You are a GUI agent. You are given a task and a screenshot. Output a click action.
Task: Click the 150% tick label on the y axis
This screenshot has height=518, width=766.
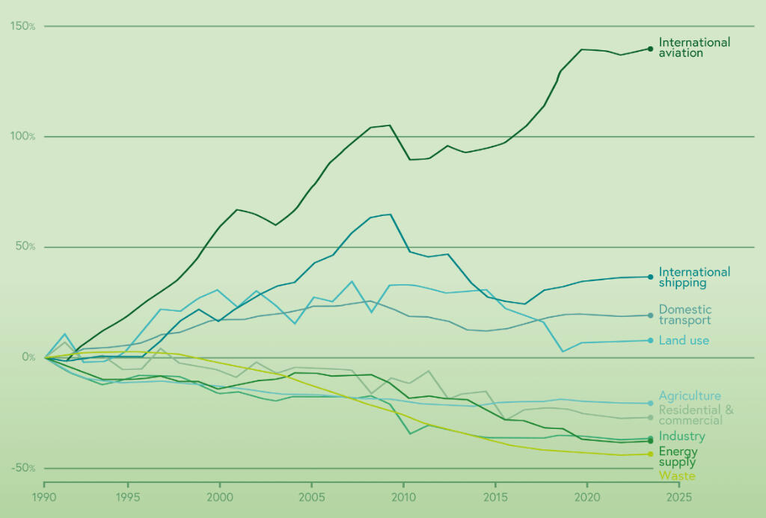(22, 26)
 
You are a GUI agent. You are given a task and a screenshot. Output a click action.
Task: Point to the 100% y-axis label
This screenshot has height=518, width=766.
(22, 136)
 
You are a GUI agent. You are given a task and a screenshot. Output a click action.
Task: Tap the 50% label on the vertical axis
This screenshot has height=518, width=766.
(25, 247)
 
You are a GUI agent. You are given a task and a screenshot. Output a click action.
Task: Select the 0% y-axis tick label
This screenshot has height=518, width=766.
(28, 357)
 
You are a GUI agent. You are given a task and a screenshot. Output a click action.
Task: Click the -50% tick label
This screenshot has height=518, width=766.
(22, 468)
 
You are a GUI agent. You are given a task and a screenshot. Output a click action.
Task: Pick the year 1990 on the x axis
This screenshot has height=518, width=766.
(44, 496)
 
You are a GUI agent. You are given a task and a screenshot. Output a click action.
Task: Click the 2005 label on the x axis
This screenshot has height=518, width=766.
(310, 496)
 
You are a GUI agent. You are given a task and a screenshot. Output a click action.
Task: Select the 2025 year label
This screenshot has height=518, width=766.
(678, 496)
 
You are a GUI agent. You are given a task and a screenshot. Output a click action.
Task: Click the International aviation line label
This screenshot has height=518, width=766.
(693, 48)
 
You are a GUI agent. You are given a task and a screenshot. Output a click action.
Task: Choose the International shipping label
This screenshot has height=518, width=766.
(693, 277)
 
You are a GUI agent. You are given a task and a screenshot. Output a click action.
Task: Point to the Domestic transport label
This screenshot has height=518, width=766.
(684, 315)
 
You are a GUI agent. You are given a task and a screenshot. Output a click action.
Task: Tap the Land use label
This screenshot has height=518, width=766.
(684, 341)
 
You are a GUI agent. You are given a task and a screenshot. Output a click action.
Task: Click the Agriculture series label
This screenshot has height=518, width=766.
(690, 396)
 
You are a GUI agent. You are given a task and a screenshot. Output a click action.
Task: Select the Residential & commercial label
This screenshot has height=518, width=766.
(696, 415)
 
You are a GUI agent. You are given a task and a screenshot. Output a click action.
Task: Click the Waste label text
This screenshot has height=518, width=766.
(676, 476)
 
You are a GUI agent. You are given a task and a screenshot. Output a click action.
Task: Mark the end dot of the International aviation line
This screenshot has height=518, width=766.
(651, 49)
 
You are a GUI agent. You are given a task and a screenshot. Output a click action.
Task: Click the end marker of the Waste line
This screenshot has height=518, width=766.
(651, 454)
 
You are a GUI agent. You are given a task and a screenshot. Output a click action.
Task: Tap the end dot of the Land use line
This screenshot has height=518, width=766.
(651, 340)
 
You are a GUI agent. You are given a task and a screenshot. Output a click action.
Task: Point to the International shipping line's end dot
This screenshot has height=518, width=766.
(651, 277)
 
